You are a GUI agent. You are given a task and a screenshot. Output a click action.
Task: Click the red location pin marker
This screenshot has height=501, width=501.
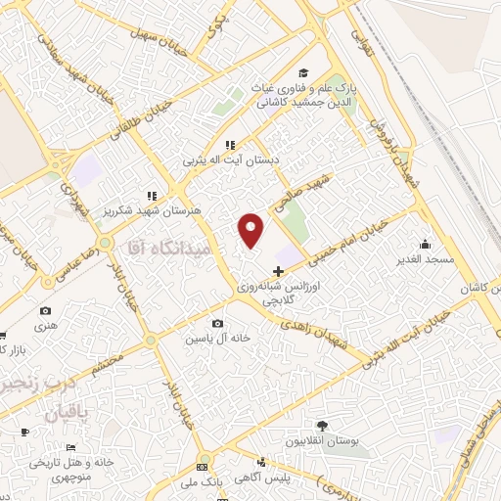tap(251, 229)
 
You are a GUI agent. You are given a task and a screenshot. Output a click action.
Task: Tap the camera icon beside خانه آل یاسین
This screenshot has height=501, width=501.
tap(217, 324)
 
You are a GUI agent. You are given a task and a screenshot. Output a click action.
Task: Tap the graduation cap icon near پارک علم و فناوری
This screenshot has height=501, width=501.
tap(303, 74)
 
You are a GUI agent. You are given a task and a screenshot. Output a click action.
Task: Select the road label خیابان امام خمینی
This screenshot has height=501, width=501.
tap(350, 244)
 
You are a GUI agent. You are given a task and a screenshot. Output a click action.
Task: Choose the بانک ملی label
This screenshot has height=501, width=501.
tap(205, 482)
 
